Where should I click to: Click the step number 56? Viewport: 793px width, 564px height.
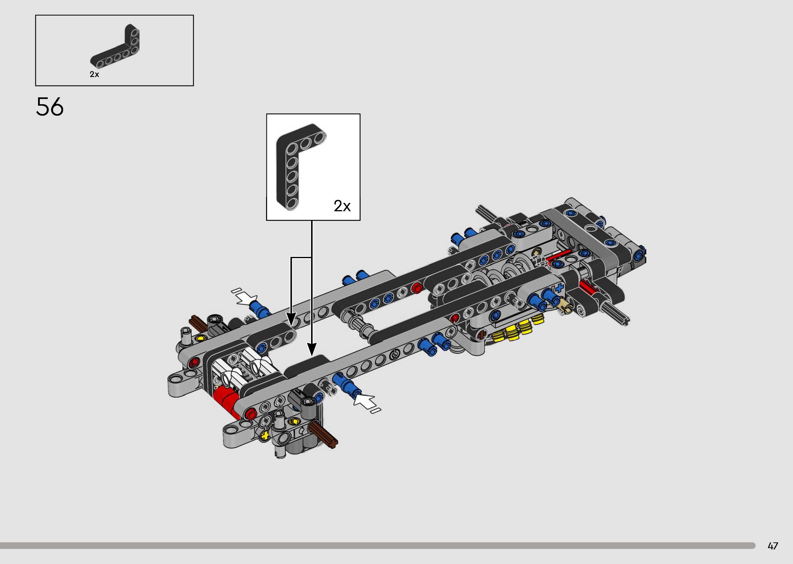[x=50, y=107]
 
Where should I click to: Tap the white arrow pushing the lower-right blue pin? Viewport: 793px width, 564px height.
[x=367, y=403]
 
